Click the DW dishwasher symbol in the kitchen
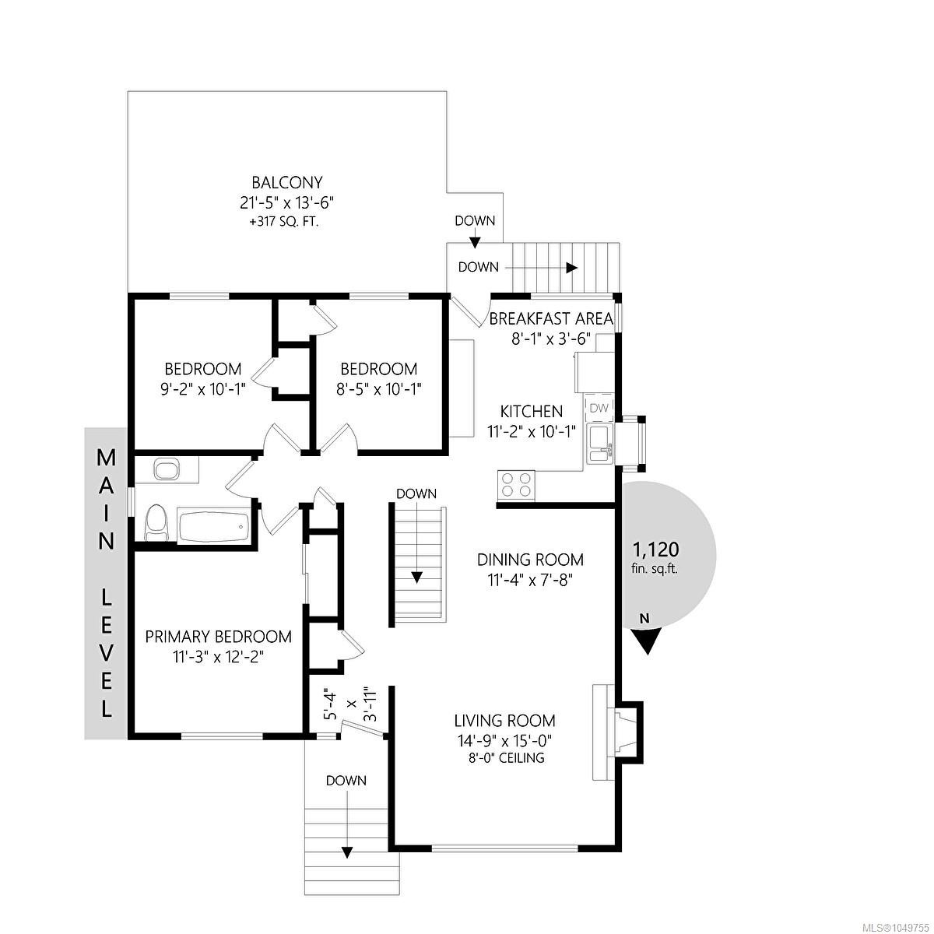click(599, 408)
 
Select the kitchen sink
click(600, 444)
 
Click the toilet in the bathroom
click(156, 523)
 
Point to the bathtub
click(214, 527)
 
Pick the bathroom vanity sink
click(167, 469)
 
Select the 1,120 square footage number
click(656, 550)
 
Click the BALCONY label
click(287, 182)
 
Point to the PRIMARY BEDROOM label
click(219, 637)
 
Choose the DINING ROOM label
click(530, 560)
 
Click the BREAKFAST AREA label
click(551, 319)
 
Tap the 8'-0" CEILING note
click(504, 757)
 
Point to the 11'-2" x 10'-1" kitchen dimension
click(532, 431)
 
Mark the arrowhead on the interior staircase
click(417, 577)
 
